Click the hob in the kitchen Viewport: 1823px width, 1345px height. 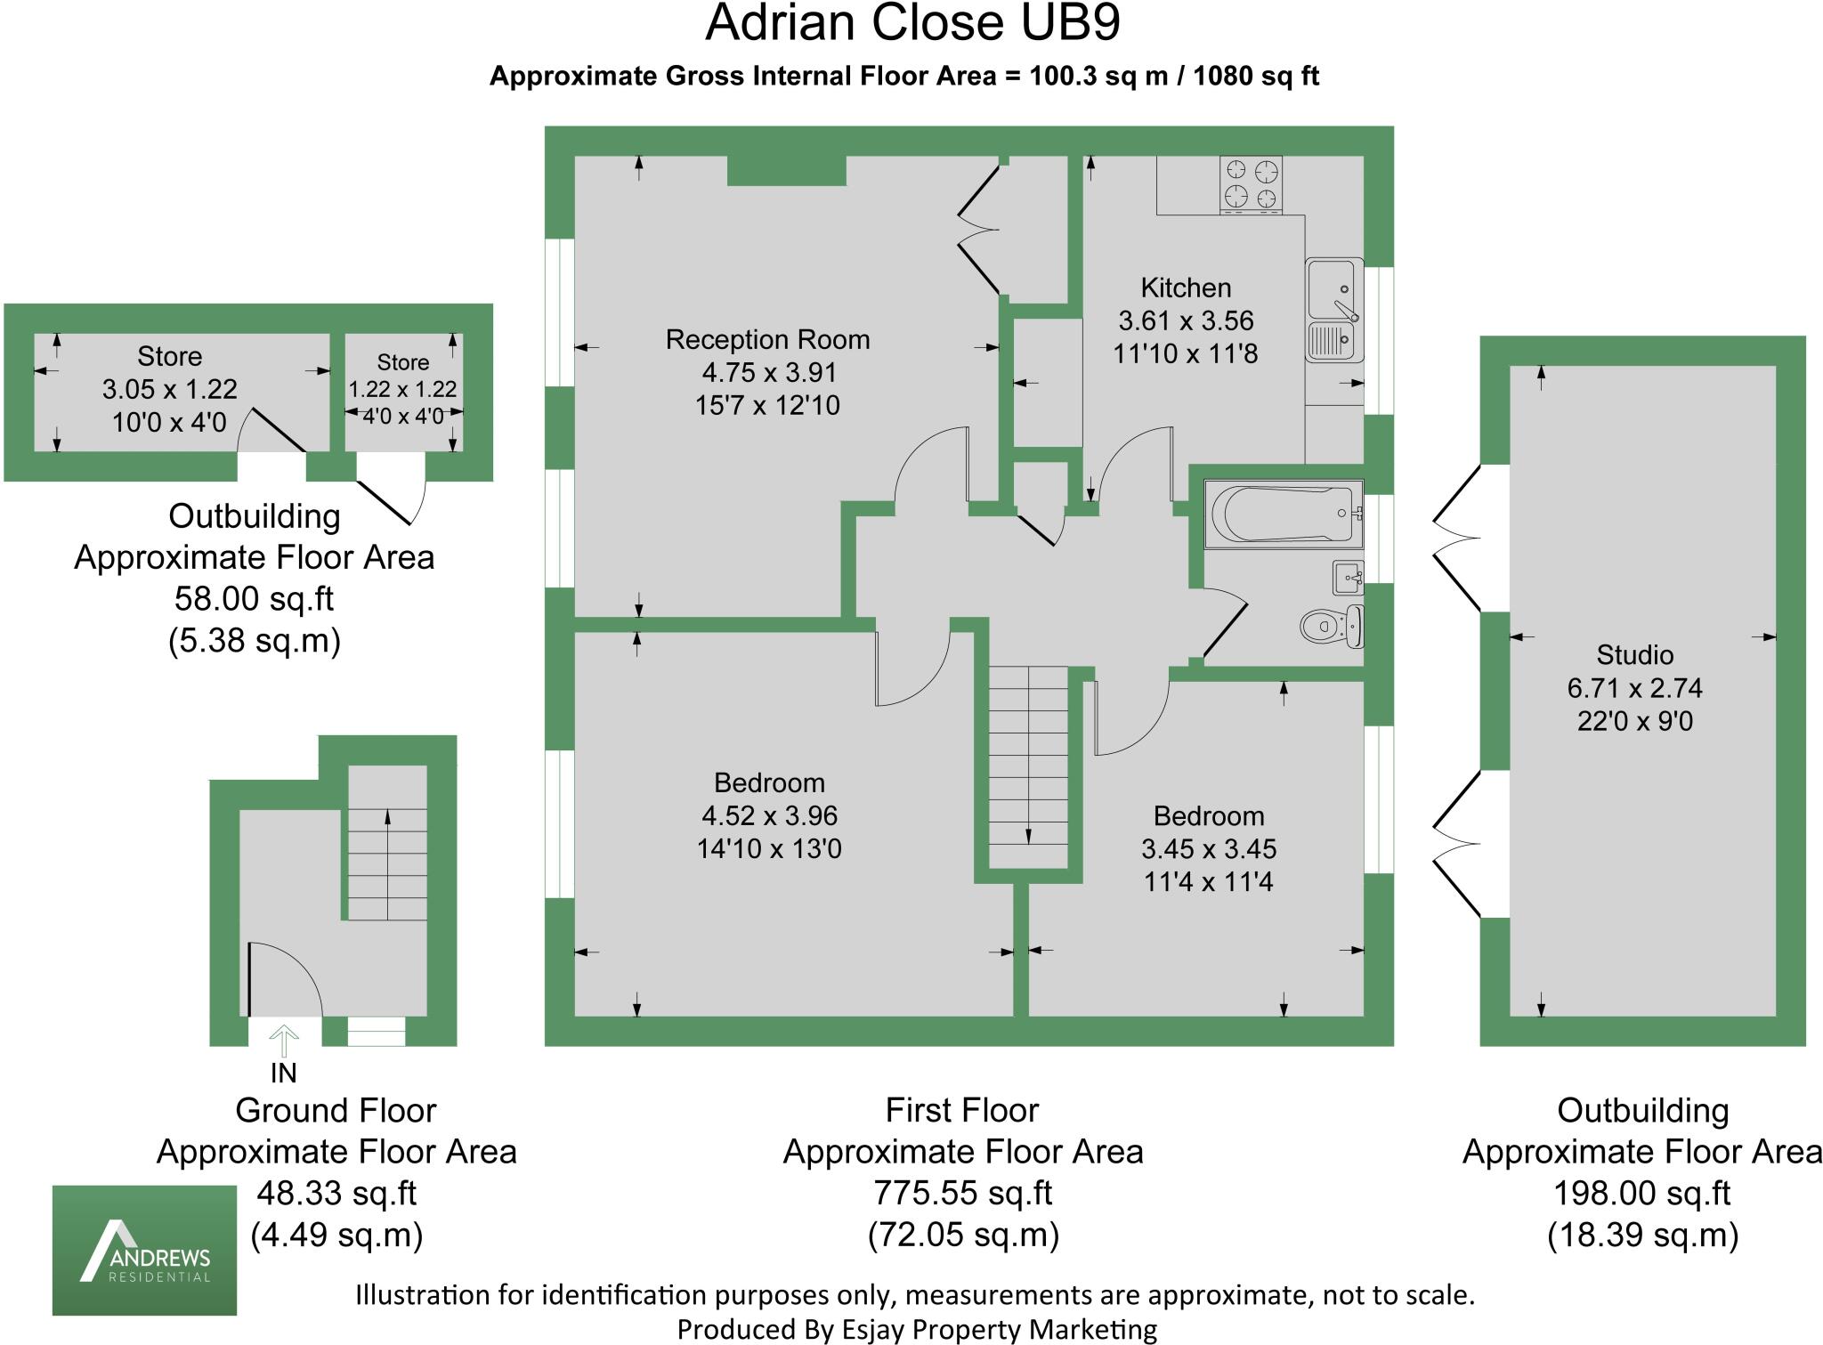coord(1252,184)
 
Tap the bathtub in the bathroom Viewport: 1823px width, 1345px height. coord(1283,515)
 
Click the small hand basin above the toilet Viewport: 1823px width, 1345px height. coord(1348,578)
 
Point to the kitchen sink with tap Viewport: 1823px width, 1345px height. coord(1333,309)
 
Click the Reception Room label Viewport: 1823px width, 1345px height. coord(767,339)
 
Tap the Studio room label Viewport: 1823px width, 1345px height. coord(1634,655)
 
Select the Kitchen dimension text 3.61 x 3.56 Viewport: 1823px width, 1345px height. coord(1186,320)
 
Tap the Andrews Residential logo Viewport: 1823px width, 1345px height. coord(144,1250)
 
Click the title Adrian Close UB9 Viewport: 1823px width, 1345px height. coord(911,24)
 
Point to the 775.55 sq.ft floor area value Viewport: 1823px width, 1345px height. coord(962,1193)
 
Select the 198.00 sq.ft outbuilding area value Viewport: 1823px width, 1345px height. coord(1641,1193)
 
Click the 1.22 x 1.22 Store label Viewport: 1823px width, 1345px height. coord(402,389)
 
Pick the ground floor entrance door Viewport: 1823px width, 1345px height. coord(283,979)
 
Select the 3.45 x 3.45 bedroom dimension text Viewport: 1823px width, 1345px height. coord(1208,849)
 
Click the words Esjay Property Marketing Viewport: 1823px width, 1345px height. coord(998,1329)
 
